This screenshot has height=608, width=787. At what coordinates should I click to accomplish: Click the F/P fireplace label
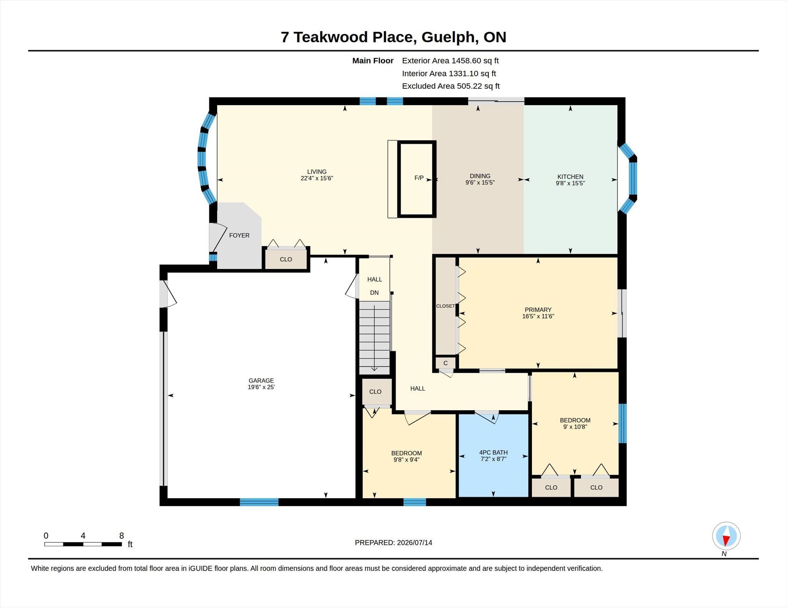pos(419,178)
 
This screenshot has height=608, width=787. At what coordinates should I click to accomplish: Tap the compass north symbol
pos(726,536)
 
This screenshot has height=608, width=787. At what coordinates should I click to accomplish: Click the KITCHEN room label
pos(570,177)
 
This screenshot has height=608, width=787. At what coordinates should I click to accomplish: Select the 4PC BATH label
pos(493,452)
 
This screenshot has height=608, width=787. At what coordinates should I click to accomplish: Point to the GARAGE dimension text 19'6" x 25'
pos(261,387)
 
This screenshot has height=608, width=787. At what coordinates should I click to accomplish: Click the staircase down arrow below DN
pos(374,336)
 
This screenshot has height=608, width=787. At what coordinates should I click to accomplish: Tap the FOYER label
pos(239,235)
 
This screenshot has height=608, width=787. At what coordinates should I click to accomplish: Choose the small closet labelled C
pos(446,363)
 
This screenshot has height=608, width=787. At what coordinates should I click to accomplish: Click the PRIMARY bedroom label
pos(538,310)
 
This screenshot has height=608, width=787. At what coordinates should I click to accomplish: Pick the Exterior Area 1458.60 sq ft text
pos(450,61)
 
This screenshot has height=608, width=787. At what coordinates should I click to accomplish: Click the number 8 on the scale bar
pos(121,536)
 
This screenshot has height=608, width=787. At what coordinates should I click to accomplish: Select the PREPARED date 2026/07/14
pos(415,543)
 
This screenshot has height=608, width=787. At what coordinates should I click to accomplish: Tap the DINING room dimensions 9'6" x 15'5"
pos(480,183)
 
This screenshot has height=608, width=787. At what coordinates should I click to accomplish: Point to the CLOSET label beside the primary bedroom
pos(445,306)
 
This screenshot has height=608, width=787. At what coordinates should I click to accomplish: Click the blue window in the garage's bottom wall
pos(259,502)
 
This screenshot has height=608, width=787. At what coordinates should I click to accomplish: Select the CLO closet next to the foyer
pos(286,259)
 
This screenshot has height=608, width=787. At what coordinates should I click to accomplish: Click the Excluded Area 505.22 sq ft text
pos(451,86)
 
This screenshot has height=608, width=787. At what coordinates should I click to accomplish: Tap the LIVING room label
pos(317,172)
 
